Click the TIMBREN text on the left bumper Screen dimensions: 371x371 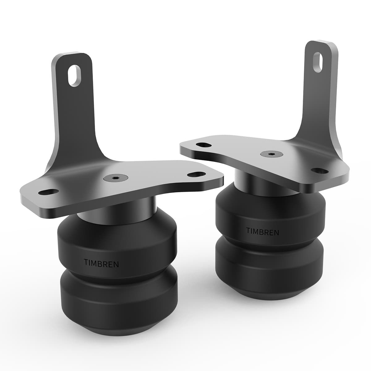(x=101, y=263)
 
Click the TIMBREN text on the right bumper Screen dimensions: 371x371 (x=262, y=231)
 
